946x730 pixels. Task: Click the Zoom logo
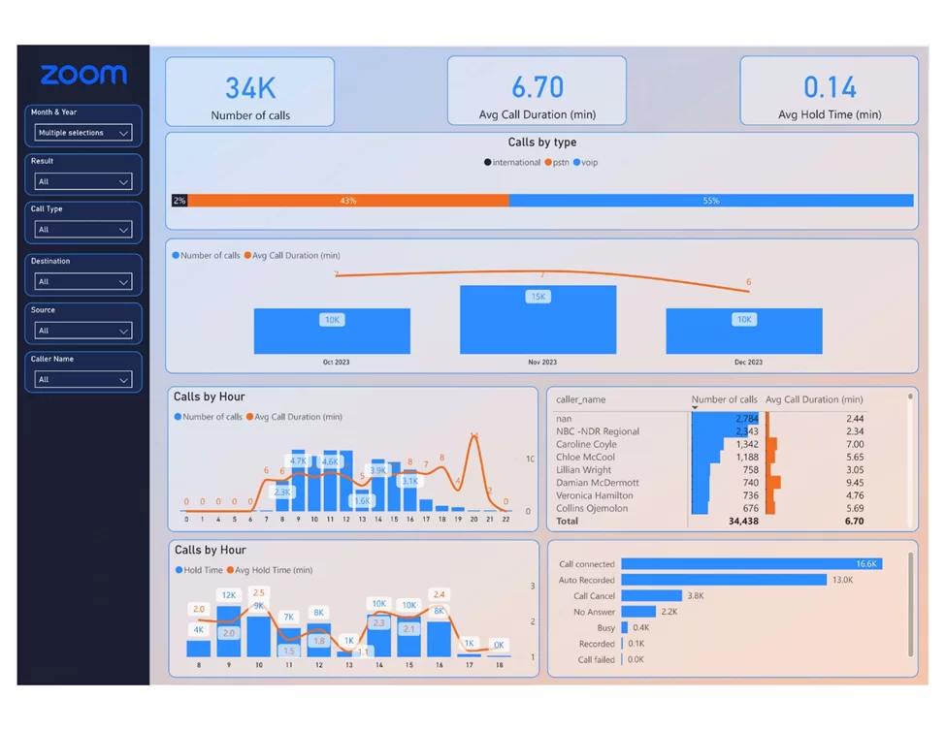tap(83, 75)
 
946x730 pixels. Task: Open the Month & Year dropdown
tap(82, 133)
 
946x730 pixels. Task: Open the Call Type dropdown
tap(82, 230)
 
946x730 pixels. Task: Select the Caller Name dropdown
tap(82, 379)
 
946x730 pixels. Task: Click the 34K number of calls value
tap(250, 88)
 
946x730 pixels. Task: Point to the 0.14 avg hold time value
tap(830, 88)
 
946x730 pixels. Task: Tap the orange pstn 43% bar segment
tap(347, 201)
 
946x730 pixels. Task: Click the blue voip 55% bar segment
tap(711, 201)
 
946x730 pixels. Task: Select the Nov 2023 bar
tap(538, 320)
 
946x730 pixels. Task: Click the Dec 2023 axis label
tap(748, 363)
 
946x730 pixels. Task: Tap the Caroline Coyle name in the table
tap(587, 444)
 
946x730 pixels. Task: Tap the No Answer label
tap(594, 612)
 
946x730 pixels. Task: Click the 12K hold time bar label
tap(229, 595)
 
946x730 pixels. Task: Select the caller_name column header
tap(581, 399)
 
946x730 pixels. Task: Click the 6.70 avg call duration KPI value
tap(538, 88)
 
